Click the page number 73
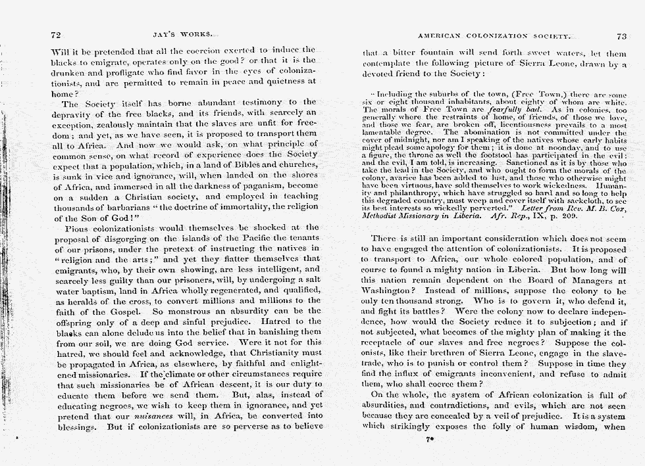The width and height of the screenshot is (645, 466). pos(622,37)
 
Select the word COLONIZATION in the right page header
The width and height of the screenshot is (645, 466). pos(493,37)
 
